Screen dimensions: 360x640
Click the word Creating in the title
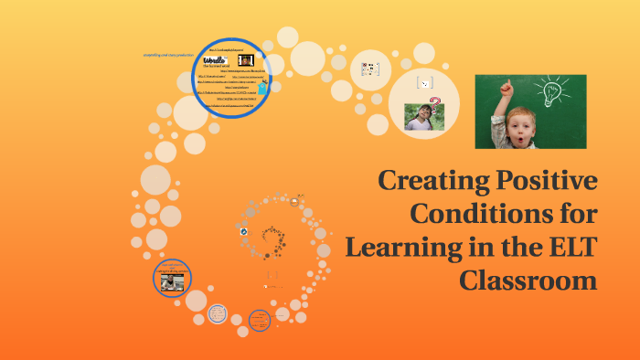[x=443, y=181]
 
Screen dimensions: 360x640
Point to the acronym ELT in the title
[x=571, y=247]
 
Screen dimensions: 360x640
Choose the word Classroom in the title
[x=528, y=280]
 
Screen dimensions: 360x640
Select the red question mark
[x=435, y=102]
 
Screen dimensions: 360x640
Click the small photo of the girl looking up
[x=421, y=117]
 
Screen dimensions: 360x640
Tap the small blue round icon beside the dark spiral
[x=245, y=232]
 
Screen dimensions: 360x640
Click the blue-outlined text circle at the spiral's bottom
[x=260, y=319]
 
